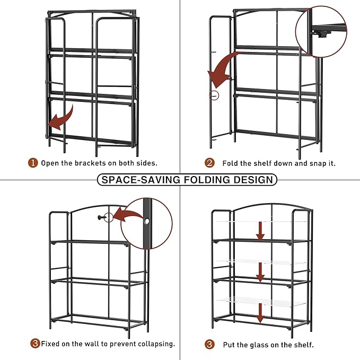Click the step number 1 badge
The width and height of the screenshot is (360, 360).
pos(33,163)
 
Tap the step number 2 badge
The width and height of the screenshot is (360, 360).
pos(210,163)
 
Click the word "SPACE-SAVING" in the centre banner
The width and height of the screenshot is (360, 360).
pos(138,179)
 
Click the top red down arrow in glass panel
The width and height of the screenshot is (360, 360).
pos(260,230)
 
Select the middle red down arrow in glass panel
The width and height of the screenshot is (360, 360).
pos(260,273)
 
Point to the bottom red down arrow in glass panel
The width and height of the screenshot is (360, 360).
pos(260,313)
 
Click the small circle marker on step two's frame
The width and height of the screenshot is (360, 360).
pos(214,95)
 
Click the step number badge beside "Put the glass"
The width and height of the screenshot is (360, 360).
pos(210,345)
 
